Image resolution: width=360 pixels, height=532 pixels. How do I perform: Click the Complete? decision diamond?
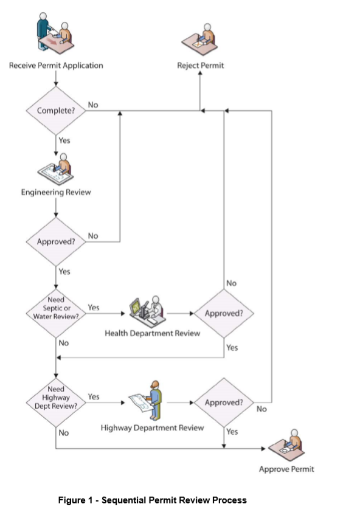(x=55, y=111)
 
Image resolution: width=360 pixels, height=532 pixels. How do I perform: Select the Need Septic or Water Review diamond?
(x=55, y=312)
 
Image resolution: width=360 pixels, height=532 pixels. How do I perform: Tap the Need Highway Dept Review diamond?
(x=55, y=401)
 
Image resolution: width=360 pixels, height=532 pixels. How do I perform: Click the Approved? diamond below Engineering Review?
(x=55, y=241)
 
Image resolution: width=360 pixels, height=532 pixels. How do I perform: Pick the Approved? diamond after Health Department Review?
(x=224, y=314)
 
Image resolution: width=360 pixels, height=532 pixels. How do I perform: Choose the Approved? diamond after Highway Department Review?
(x=224, y=402)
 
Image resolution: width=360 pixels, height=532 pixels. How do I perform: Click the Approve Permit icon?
(x=286, y=444)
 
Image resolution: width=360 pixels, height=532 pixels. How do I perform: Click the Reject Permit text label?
(x=201, y=65)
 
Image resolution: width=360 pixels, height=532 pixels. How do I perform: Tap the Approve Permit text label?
(x=286, y=469)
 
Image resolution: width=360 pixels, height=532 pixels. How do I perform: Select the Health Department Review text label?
(x=152, y=333)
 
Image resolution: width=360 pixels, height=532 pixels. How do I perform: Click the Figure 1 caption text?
(x=152, y=500)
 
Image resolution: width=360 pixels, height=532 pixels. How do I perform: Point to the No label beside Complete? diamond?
(x=93, y=105)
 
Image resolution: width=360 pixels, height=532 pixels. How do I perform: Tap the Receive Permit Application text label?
(x=56, y=65)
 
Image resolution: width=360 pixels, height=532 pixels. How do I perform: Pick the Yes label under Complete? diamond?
(x=64, y=140)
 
